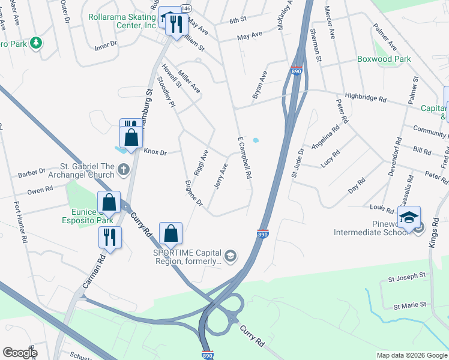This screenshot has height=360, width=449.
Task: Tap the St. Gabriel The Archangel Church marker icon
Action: pos(124,170)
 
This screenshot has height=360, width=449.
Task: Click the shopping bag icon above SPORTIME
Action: pos(171,233)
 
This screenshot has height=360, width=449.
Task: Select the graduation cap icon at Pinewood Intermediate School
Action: pos(409,217)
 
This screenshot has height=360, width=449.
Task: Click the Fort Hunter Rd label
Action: pos(20,221)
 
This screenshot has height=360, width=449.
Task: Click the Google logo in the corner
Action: pos(20,353)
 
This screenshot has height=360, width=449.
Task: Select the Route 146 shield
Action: pos(187,8)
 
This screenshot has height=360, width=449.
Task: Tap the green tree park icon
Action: pos(36,43)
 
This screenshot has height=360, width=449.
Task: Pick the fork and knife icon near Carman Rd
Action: pos(110,237)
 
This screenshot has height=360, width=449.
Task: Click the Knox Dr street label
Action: pos(154,152)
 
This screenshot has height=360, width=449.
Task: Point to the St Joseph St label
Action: pos(406,278)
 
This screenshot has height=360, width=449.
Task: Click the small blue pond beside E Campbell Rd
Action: pos(256,140)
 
